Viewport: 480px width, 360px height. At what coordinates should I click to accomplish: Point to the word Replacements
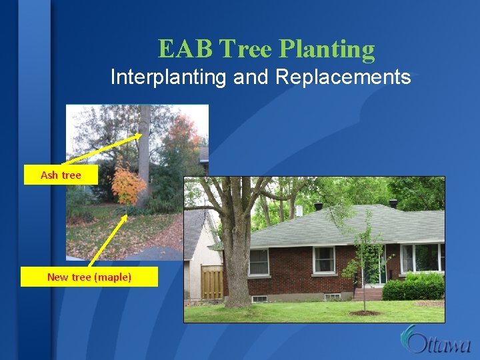[343, 77]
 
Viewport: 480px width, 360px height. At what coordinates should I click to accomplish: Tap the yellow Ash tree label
[61, 175]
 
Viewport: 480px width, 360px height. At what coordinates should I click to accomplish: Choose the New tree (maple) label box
[89, 277]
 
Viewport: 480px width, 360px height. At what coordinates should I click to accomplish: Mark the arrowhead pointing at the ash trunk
[139, 135]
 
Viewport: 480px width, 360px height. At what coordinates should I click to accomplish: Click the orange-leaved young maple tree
[127, 183]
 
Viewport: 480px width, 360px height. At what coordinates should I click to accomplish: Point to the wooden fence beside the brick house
[212, 281]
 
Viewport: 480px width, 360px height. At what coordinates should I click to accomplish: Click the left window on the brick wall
[259, 261]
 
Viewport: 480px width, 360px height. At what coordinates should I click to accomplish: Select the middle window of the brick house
[324, 259]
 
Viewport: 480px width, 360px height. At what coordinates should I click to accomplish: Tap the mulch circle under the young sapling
[365, 312]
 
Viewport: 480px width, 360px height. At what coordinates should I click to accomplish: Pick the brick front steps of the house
[368, 293]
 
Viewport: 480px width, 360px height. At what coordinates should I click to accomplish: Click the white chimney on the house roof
[299, 211]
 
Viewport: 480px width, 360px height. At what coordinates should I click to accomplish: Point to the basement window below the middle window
[331, 296]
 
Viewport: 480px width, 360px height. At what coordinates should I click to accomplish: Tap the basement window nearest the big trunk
[259, 298]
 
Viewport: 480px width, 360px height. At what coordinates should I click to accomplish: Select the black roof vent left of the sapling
[318, 206]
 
